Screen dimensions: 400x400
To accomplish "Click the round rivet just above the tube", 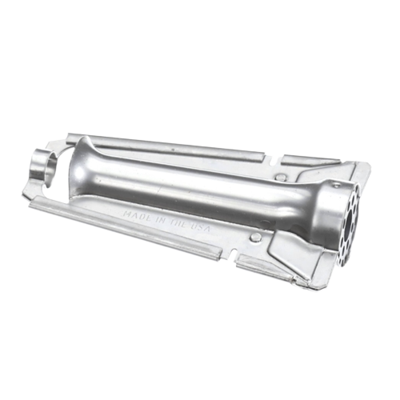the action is [x=280, y=176].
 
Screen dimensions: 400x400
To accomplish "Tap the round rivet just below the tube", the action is [x=255, y=236].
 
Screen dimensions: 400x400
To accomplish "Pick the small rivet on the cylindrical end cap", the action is [x=334, y=184].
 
